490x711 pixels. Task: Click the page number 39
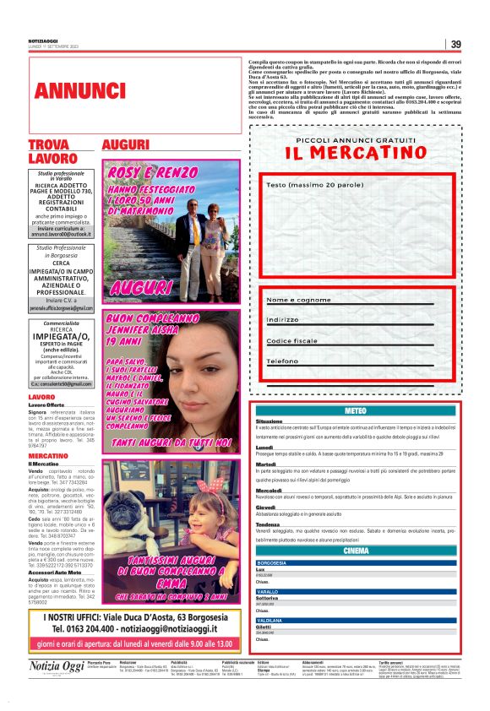(455, 45)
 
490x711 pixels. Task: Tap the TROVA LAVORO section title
(49, 152)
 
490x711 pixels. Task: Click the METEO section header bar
(356, 410)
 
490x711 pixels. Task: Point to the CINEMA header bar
(356, 551)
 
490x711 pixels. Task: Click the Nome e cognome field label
(298, 300)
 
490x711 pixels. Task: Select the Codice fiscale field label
(292, 340)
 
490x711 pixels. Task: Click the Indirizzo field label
(283, 320)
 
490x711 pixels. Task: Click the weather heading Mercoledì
(269, 490)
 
